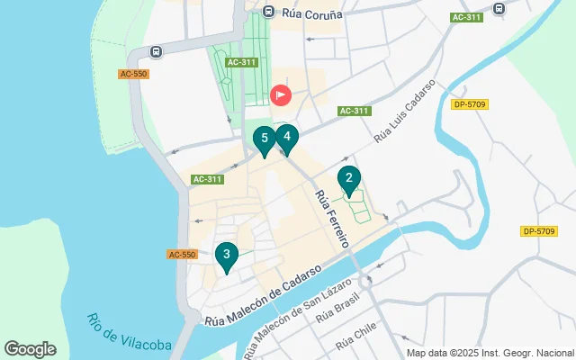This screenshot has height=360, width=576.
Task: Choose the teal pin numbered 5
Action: pyautogui.click(x=264, y=139)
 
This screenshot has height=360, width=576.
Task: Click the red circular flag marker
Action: pyautogui.click(x=281, y=94)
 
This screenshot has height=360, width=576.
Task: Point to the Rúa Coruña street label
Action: pyautogui.click(x=311, y=12)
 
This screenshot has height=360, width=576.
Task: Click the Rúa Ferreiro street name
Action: pyautogui.click(x=330, y=219)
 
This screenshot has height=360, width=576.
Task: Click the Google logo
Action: pyautogui.click(x=30, y=349)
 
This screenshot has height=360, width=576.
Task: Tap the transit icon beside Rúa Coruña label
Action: pyautogui.click(x=268, y=11)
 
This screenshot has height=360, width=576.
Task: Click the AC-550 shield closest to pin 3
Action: pyautogui.click(x=182, y=255)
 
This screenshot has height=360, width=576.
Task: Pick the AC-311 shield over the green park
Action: pyautogui.click(x=242, y=62)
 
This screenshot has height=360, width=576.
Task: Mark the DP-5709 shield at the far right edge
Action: pyautogui.click(x=538, y=231)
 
